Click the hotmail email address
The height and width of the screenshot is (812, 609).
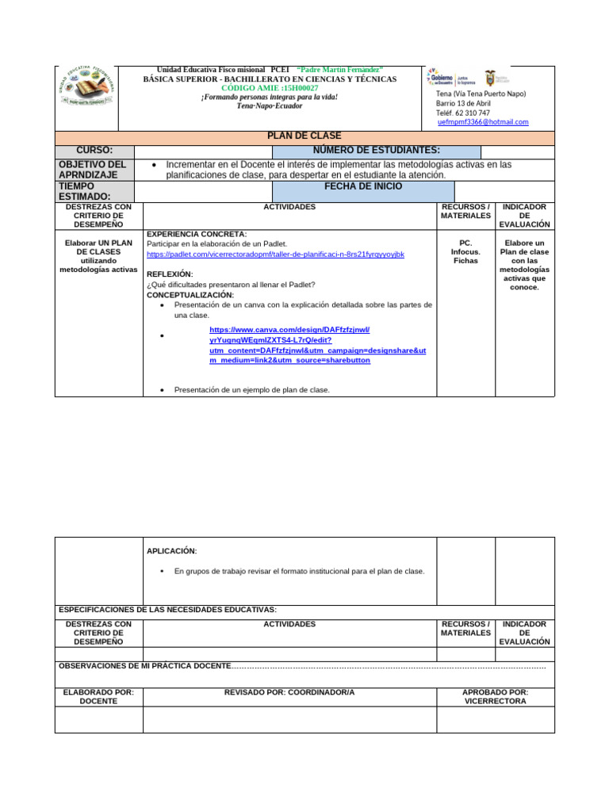(482, 122)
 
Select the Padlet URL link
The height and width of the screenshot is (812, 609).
(275, 255)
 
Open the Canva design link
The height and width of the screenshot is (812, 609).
(317, 344)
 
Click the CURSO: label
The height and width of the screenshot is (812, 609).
(94, 151)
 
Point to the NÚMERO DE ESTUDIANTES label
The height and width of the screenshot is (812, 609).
(376, 151)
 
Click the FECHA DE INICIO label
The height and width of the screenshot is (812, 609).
(362, 186)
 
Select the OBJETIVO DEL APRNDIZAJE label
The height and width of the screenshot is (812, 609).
(93, 170)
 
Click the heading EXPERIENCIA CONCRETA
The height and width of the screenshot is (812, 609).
(197, 234)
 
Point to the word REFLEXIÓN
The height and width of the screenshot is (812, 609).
(170, 274)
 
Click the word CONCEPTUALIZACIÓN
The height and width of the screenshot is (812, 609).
(190, 295)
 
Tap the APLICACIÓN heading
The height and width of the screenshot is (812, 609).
(172, 551)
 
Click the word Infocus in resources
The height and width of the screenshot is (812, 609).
(465, 252)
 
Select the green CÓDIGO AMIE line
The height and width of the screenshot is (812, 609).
(270, 88)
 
